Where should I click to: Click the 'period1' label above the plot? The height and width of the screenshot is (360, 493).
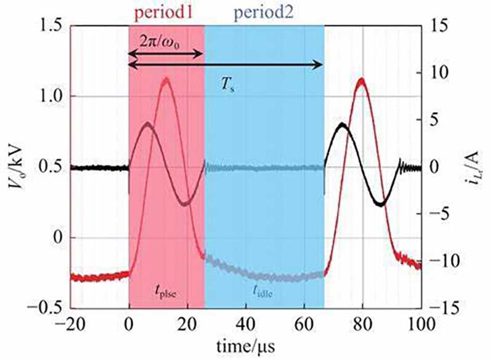[x=166, y=11]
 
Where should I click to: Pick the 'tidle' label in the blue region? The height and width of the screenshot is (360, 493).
[x=261, y=294]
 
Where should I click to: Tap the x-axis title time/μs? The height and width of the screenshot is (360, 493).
[x=245, y=346]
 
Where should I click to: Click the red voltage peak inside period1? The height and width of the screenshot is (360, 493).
[x=166, y=79]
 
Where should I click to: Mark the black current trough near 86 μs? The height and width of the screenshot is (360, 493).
[x=381, y=203]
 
